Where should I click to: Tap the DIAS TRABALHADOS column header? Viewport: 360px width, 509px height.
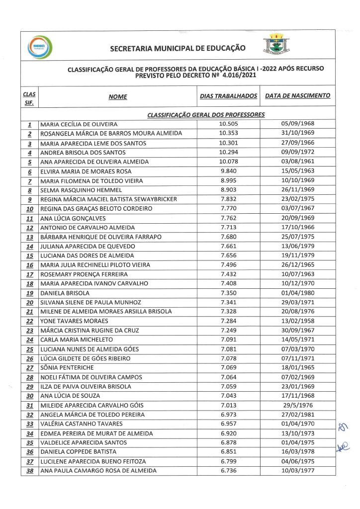point(229,95)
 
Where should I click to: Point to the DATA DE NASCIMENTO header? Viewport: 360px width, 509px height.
point(297,95)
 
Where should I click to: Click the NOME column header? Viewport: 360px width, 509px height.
point(118,97)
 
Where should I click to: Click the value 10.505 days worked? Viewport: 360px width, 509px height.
point(229,124)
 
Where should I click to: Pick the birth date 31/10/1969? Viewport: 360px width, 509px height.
point(297,133)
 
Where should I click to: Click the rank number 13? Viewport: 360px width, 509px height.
point(29,237)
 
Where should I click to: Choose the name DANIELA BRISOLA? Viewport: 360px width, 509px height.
point(65,293)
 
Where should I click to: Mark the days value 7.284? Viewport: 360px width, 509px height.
point(229,321)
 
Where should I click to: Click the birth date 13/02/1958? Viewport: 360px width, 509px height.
point(297,321)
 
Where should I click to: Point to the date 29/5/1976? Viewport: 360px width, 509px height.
point(297,405)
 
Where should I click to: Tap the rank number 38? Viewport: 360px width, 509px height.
point(29,471)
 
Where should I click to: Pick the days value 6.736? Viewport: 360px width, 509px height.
point(229,470)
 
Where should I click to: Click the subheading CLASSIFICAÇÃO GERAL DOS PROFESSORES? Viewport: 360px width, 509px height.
point(206,115)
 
